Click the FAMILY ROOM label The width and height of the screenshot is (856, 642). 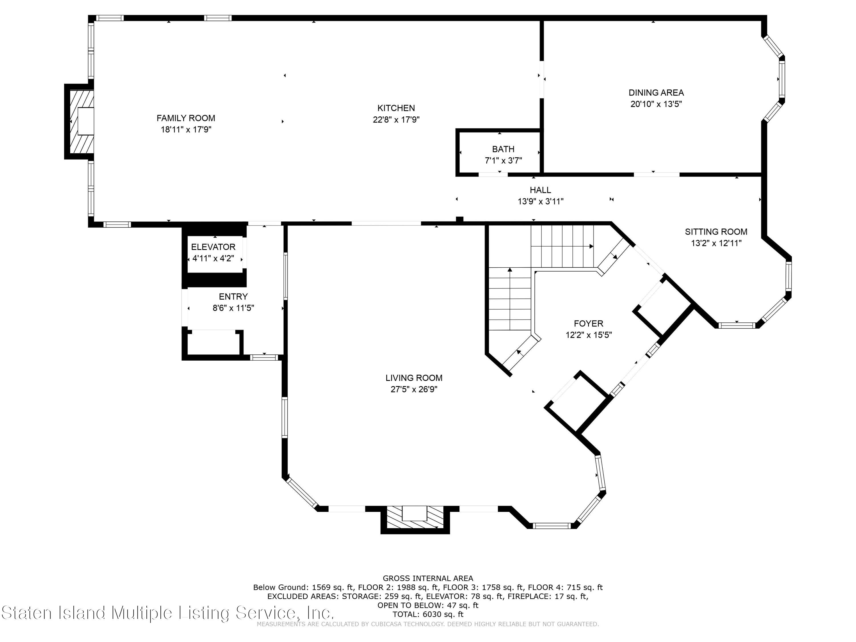point(186,118)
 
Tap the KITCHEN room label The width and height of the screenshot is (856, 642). point(396,108)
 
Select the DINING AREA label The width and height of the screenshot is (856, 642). point(656,92)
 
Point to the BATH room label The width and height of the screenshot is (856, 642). point(503,149)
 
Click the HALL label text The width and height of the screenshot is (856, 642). point(540,190)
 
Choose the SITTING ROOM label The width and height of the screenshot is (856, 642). point(716,232)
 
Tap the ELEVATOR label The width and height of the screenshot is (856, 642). point(213,247)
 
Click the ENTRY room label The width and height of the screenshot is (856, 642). point(233,296)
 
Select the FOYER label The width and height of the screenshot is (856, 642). point(588,324)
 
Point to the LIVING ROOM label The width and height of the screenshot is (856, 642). point(414,378)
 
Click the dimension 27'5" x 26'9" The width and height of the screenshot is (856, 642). point(414,389)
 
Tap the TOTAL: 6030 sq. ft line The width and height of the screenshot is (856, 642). point(428,614)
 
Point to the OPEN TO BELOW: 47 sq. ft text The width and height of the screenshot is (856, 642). point(428,605)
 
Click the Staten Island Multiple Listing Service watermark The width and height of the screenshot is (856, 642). point(167,613)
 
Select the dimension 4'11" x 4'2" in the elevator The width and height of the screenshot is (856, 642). point(213,259)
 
